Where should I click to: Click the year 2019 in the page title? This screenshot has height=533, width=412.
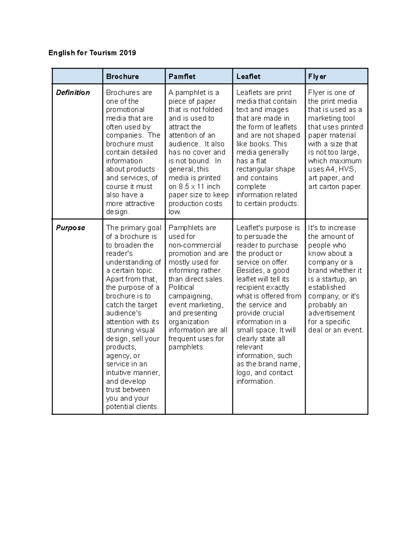[127, 53]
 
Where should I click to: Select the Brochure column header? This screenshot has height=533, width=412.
[123, 77]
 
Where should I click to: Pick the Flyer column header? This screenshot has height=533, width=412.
[317, 77]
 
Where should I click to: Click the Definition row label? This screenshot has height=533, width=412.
[73, 93]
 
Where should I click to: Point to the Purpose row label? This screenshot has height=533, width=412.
[70, 228]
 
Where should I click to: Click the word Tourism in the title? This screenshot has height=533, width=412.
[103, 53]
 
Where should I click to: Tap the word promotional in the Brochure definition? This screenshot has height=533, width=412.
[125, 110]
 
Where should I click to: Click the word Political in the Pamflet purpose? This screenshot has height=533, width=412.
[181, 288]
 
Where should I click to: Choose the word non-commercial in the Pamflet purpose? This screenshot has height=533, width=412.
[195, 245]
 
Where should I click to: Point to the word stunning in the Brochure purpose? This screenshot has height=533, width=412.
[121, 330]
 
